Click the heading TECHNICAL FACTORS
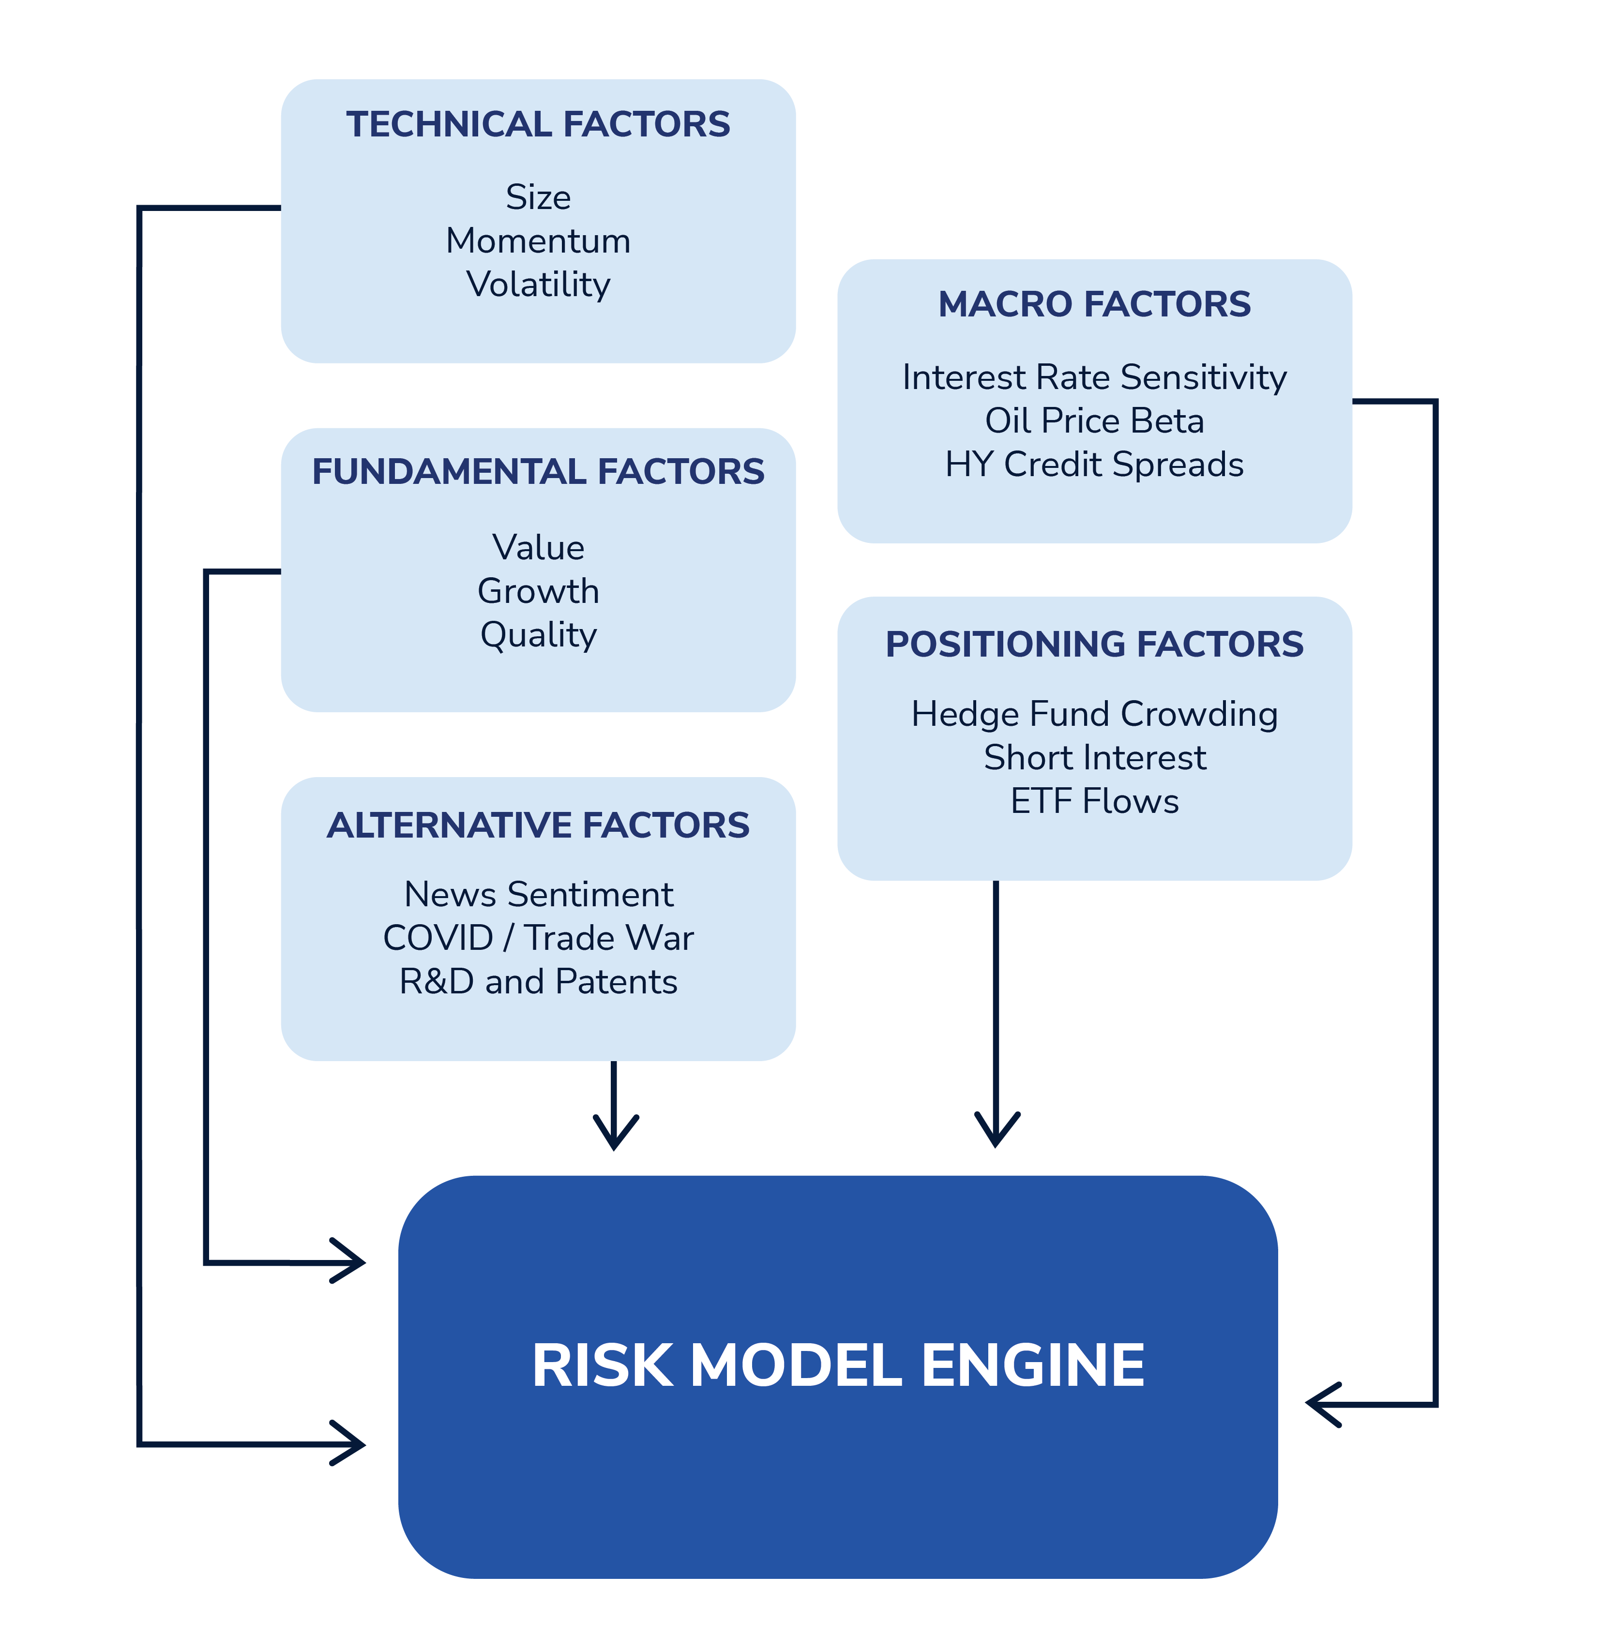click(x=538, y=125)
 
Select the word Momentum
click(x=538, y=241)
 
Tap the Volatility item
click(x=538, y=285)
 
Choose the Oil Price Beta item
click(x=1094, y=421)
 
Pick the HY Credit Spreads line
click(x=1094, y=465)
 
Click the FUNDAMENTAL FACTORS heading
click(x=538, y=472)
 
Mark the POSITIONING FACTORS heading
click(x=1094, y=644)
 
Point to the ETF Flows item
click(x=1094, y=801)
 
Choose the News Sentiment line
click(x=538, y=895)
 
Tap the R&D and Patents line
click(x=538, y=982)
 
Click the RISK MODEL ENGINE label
click(x=838, y=1365)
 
